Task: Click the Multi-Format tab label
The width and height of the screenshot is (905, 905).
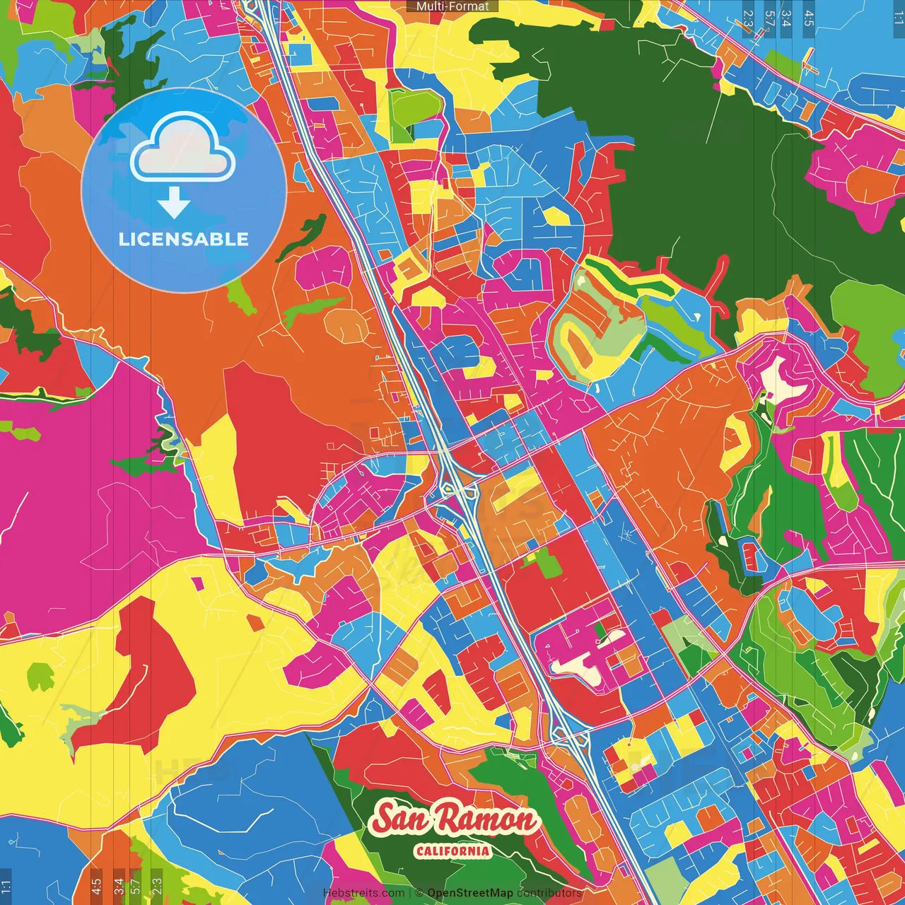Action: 452,6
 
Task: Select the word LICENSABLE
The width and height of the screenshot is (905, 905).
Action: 184,239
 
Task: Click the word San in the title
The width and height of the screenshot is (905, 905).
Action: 401,819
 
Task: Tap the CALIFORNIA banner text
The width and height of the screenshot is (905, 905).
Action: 452,851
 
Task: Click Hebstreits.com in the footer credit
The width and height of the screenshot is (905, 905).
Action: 364,893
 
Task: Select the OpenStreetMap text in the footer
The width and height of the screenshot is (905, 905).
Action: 470,893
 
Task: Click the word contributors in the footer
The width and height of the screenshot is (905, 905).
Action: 549,893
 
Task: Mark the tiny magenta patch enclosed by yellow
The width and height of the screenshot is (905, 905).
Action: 198,583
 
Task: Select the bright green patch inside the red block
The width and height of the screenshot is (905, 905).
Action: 545,562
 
